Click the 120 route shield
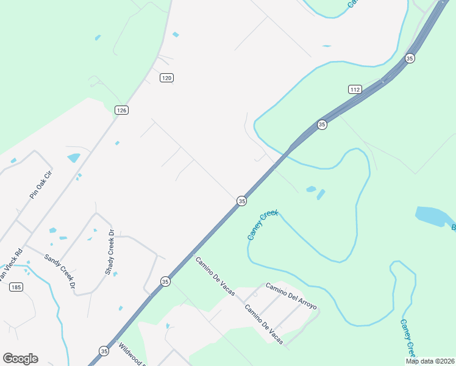pyautogui.click(x=167, y=77)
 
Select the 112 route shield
pyautogui.click(x=355, y=89)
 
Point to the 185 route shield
pyautogui.click(x=16, y=287)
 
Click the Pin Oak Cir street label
pyautogui.click(x=41, y=184)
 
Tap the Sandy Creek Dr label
pyautogui.click(x=60, y=271)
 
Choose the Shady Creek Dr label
pyautogui.click(x=110, y=252)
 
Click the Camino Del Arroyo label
pyautogui.click(x=291, y=296)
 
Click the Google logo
pyautogui.click(x=20, y=359)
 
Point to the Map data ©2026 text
pyautogui.click(x=429, y=361)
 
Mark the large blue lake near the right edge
pyautogui.click(x=434, y=216)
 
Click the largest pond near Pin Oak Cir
pyautogui.click(x=74, y=158)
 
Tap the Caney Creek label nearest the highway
pyautogui.click(x=263, y=224)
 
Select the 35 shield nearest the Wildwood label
pyautogui.click(x=104, y=351)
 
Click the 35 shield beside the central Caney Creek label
pyautogui.click(x=242, y=201)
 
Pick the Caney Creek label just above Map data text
pyautogui.click(x=408, y=338)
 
